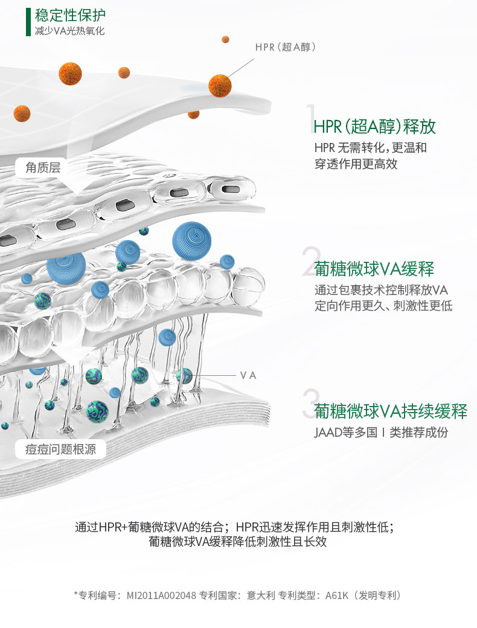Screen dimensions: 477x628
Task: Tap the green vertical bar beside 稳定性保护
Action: click(x=28, y=22)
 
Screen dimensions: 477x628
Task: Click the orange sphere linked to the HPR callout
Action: click(x=220, y=86)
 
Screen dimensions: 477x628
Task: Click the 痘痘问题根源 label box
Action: click(x=60, y=448)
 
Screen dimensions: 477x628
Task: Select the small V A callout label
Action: click(x=248, y=375)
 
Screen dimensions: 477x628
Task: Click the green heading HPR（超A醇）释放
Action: click(x=375, y=126)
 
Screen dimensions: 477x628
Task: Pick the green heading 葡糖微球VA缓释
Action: click(x=374, y=269)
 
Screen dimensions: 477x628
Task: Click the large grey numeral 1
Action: click(x=310, y=118)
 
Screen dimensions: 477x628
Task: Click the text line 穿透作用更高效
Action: click(x=356, y=163)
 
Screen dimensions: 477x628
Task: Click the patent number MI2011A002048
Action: click(x=161, y=595)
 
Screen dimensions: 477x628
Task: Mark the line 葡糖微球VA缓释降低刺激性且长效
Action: click(x=237, y=541)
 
